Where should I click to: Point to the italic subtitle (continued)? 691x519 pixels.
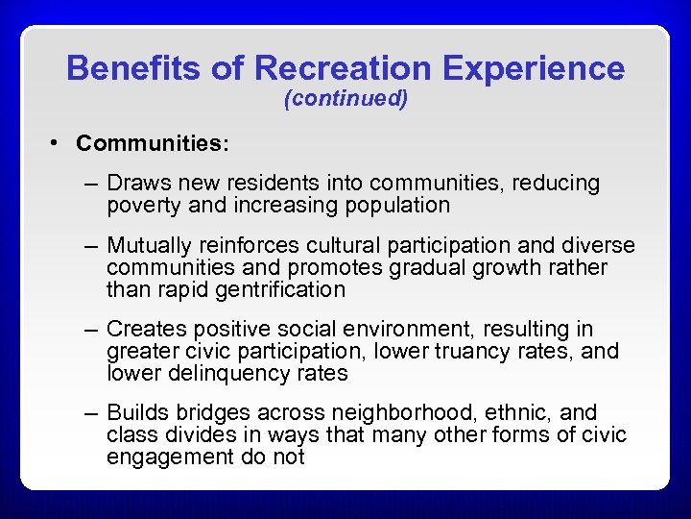345,99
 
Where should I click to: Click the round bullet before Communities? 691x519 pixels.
57,142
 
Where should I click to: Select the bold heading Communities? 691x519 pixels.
153,143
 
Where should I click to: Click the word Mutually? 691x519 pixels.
148,247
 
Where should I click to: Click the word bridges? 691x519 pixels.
204,413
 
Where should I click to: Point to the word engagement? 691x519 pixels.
166,457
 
